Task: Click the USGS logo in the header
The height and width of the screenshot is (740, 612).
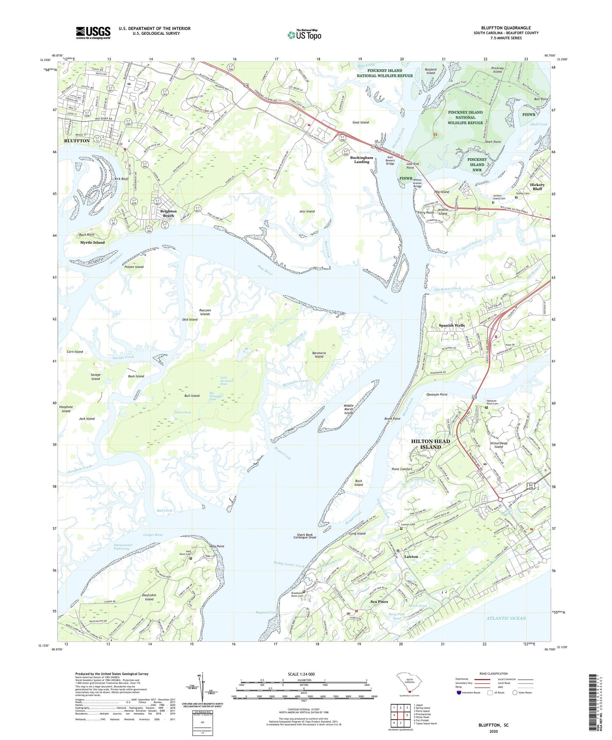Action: coord(93,33)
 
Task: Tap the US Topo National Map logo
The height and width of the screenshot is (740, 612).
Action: coord(304,34)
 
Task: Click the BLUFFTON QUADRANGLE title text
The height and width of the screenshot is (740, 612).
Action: coord(506,28)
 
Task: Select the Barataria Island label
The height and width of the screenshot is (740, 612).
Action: coord(318,354)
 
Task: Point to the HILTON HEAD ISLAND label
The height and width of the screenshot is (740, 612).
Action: coord(431,444)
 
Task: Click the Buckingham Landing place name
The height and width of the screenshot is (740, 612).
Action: coord(362,159)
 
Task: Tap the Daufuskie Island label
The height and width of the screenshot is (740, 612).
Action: coord(149,597)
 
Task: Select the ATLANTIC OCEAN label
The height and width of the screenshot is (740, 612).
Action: coord(506,618)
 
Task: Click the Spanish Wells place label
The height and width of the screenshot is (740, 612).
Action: coord(451,325)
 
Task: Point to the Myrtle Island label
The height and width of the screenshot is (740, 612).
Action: coord(92,242)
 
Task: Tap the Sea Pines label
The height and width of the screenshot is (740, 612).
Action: coord(379,602)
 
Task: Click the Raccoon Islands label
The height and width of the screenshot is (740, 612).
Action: coord(205,312)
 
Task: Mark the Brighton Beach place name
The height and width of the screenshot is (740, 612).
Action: coord(168,213)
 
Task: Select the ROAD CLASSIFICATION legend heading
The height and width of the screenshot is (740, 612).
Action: coord(493,673)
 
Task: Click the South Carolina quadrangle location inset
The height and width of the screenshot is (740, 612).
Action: coord(409,685)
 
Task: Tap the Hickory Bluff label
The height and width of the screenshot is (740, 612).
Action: coord(537,186)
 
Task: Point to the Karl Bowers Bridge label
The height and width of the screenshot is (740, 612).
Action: coord(390,161)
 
